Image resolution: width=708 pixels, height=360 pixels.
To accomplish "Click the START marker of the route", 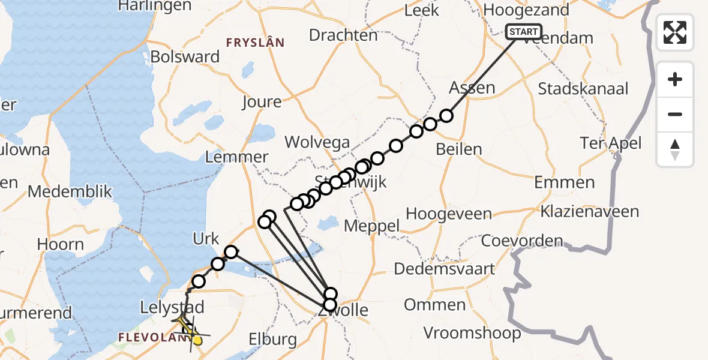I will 524,31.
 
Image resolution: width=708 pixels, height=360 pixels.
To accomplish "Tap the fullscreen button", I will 675,32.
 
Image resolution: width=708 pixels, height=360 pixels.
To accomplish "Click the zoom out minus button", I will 675,114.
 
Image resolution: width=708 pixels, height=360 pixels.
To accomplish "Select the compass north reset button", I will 675,149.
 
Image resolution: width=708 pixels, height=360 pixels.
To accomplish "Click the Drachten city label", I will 343,35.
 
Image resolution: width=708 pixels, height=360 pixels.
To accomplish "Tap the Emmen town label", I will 564,182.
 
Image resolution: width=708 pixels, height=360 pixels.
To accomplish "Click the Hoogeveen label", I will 449,214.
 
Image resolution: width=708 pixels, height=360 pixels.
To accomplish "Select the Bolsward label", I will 185,57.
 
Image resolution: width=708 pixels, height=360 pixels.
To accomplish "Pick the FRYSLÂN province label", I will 254,43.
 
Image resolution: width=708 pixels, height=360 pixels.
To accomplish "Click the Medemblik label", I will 70,192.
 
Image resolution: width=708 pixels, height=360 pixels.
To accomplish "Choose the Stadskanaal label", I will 583,89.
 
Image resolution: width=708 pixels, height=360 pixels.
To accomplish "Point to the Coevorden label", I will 523,241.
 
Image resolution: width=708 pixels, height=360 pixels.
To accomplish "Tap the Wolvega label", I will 317,142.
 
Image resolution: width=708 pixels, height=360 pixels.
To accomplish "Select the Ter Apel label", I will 611,143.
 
